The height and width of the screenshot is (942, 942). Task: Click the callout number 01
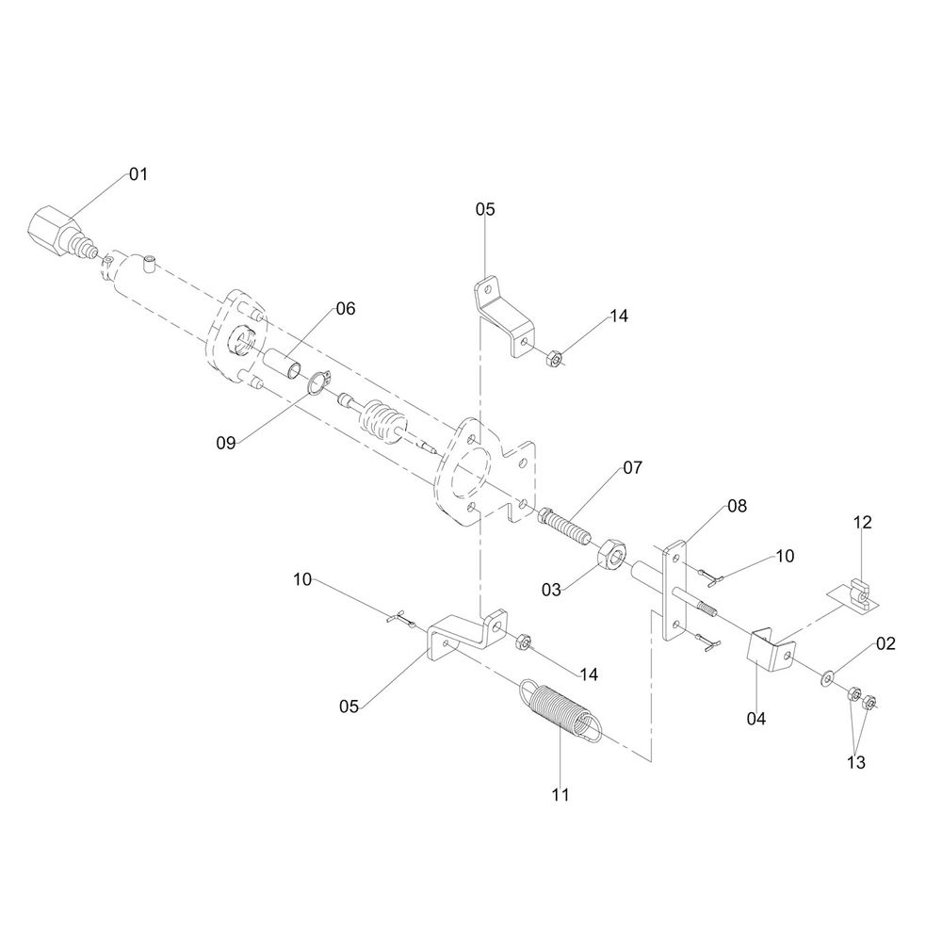[138, 174]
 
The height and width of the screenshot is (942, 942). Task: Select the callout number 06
[345, 309]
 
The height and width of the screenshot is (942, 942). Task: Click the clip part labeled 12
[858, 593]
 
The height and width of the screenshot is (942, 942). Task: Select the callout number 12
[863, 522]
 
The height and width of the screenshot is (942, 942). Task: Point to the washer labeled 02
[826, 675]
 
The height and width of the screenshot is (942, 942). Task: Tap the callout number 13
[854, 762]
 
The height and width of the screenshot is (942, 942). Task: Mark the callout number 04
[755, 719]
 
